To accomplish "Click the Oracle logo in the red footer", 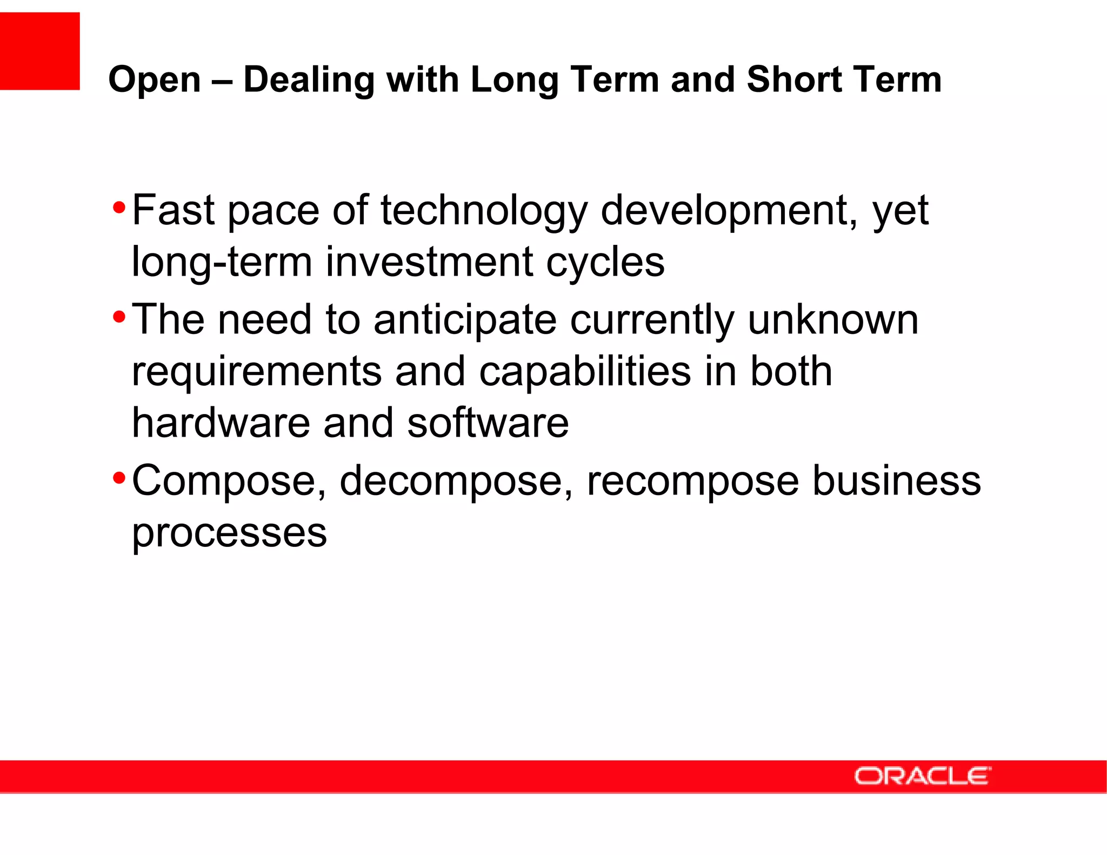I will tap(922, 776).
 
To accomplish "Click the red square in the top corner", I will tap(39, 51).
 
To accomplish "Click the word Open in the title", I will tap(155, 80).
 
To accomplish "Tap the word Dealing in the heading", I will tap(309, 80).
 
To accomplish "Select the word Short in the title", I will tap(793, 79).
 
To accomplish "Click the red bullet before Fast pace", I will tap(119, 207).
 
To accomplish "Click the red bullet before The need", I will tap(119, 316).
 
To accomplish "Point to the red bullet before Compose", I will tap(119, 478).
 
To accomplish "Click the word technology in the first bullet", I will tap(484, 211).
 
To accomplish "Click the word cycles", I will tap(605, 263).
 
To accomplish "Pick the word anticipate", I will tap(465, 320).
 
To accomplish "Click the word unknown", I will tap(833, 320).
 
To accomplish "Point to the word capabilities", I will tap(585, 372).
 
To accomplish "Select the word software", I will tap(488, 423).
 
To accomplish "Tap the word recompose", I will tap(692, 481).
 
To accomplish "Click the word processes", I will tap(229, 533).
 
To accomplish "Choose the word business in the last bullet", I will tap(897, 481).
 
